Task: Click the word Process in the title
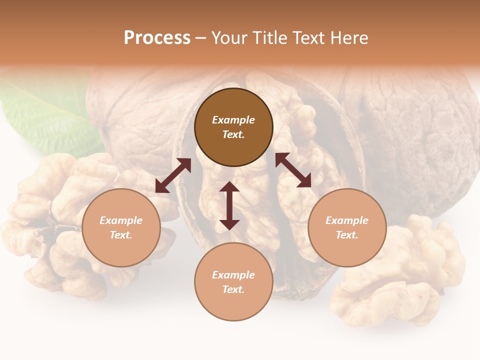[x=157, y=38]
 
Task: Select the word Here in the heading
[x=349, y=38]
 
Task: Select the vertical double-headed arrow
[x=229, y=205]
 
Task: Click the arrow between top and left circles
[x=173, y=175]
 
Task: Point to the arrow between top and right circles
[x=293, y=170]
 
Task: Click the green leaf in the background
[x=45, y=117]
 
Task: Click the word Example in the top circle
[x=233, y=120]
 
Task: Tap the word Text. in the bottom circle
[x=233, y=289]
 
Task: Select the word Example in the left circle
[x=121, y=220]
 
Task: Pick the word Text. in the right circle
[x=347, y=235]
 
